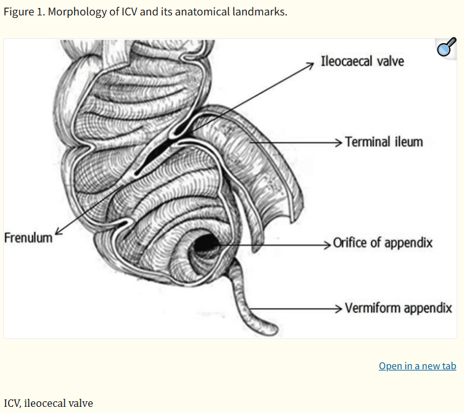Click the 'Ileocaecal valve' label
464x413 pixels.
click(362, 61)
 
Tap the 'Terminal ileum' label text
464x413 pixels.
click(384, 142)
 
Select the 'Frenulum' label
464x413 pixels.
click(28, 238)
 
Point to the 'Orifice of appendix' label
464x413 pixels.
click(383, 243)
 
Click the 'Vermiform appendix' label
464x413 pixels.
click(399, 308)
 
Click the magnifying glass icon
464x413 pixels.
click(447, 47)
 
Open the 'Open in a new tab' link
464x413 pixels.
click(418, 366)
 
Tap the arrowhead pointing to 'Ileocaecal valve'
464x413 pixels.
click(310, 65)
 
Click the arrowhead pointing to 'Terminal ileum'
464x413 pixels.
click(339, 142)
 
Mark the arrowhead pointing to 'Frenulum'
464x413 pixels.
click(58, 232)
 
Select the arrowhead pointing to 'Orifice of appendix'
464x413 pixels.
click(327, 245)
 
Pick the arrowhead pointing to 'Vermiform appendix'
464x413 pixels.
click(339, 309)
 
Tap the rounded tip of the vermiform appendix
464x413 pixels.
click(272, 330)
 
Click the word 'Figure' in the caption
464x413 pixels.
click(19, 12)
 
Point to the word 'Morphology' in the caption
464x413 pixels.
click(77, 12)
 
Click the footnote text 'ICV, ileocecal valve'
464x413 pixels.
click(48, 403)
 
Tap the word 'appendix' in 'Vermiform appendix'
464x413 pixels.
click(428, 308)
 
